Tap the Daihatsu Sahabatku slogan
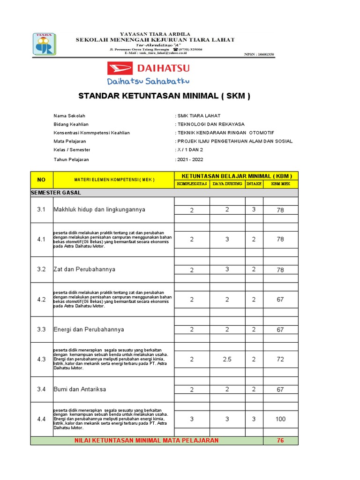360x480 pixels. coord(148,82)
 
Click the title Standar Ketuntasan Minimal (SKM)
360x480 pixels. coord(164,96)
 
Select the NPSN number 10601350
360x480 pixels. coord(259,55)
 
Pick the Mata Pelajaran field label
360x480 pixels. coord(70,141)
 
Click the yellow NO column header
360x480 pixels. coord(42,180)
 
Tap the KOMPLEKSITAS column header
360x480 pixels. coord(192,184)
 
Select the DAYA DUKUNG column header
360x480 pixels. coord(227,184)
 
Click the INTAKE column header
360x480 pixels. coord(254,184)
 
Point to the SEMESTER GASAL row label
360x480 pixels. coord(56,193)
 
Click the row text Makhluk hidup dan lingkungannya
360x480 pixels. coord(99,210)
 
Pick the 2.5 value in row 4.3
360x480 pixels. coord(227,360)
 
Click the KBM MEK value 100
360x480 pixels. coord(280,419)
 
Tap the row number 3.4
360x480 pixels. coord(42,389)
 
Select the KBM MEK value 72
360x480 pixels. coord(280,360)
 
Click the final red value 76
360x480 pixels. coord(280,441)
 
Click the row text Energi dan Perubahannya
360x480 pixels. coord(89,330)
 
